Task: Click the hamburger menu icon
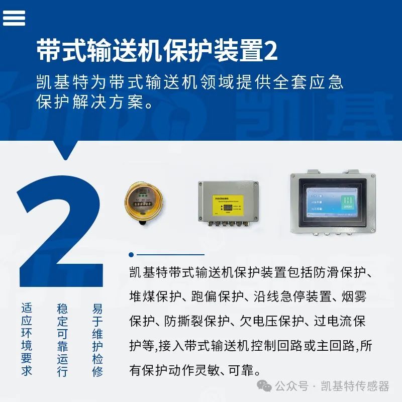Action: pos(14,18)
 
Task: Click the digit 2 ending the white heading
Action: pos(270,50)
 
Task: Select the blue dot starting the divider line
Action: pos(132,255)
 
